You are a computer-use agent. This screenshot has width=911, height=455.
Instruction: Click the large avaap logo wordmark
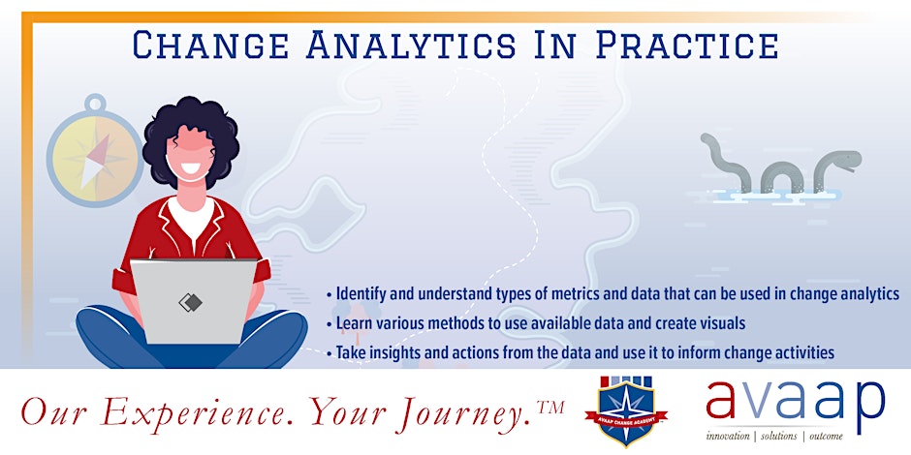coord(795,400)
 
